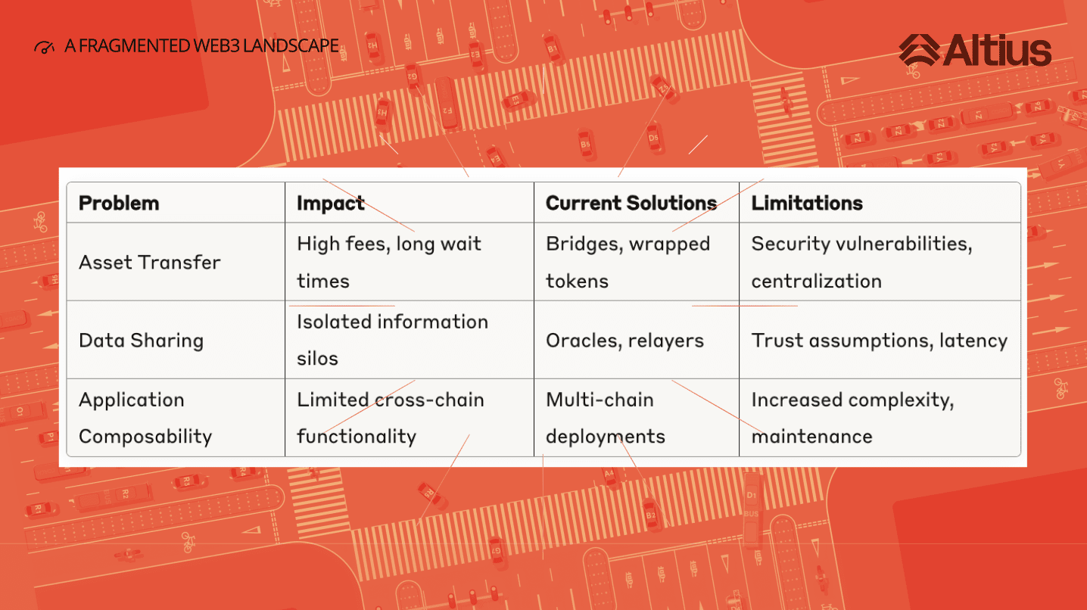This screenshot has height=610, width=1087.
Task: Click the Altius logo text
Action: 997,50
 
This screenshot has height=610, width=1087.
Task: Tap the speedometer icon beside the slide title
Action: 44,47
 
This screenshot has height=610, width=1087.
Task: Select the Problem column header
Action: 119,203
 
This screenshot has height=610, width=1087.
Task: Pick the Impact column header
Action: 331,204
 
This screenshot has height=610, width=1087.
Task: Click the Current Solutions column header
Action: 631,203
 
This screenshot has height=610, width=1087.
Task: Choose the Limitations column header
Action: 807,203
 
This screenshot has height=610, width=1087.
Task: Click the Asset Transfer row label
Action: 149,262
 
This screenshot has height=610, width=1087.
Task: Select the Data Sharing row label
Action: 142,341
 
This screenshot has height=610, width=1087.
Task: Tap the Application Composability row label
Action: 145,418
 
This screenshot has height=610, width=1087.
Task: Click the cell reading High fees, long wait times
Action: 388,262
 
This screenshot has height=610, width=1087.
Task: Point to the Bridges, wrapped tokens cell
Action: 628,262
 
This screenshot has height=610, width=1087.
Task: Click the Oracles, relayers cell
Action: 624,341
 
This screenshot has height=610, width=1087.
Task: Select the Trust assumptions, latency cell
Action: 880,341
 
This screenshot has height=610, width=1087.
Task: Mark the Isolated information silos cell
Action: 392,340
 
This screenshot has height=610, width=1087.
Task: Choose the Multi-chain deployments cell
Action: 605,418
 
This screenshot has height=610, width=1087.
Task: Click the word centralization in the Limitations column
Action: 816,281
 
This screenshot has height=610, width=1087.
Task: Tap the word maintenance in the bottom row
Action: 812,437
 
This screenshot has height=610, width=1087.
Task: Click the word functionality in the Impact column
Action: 357,436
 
